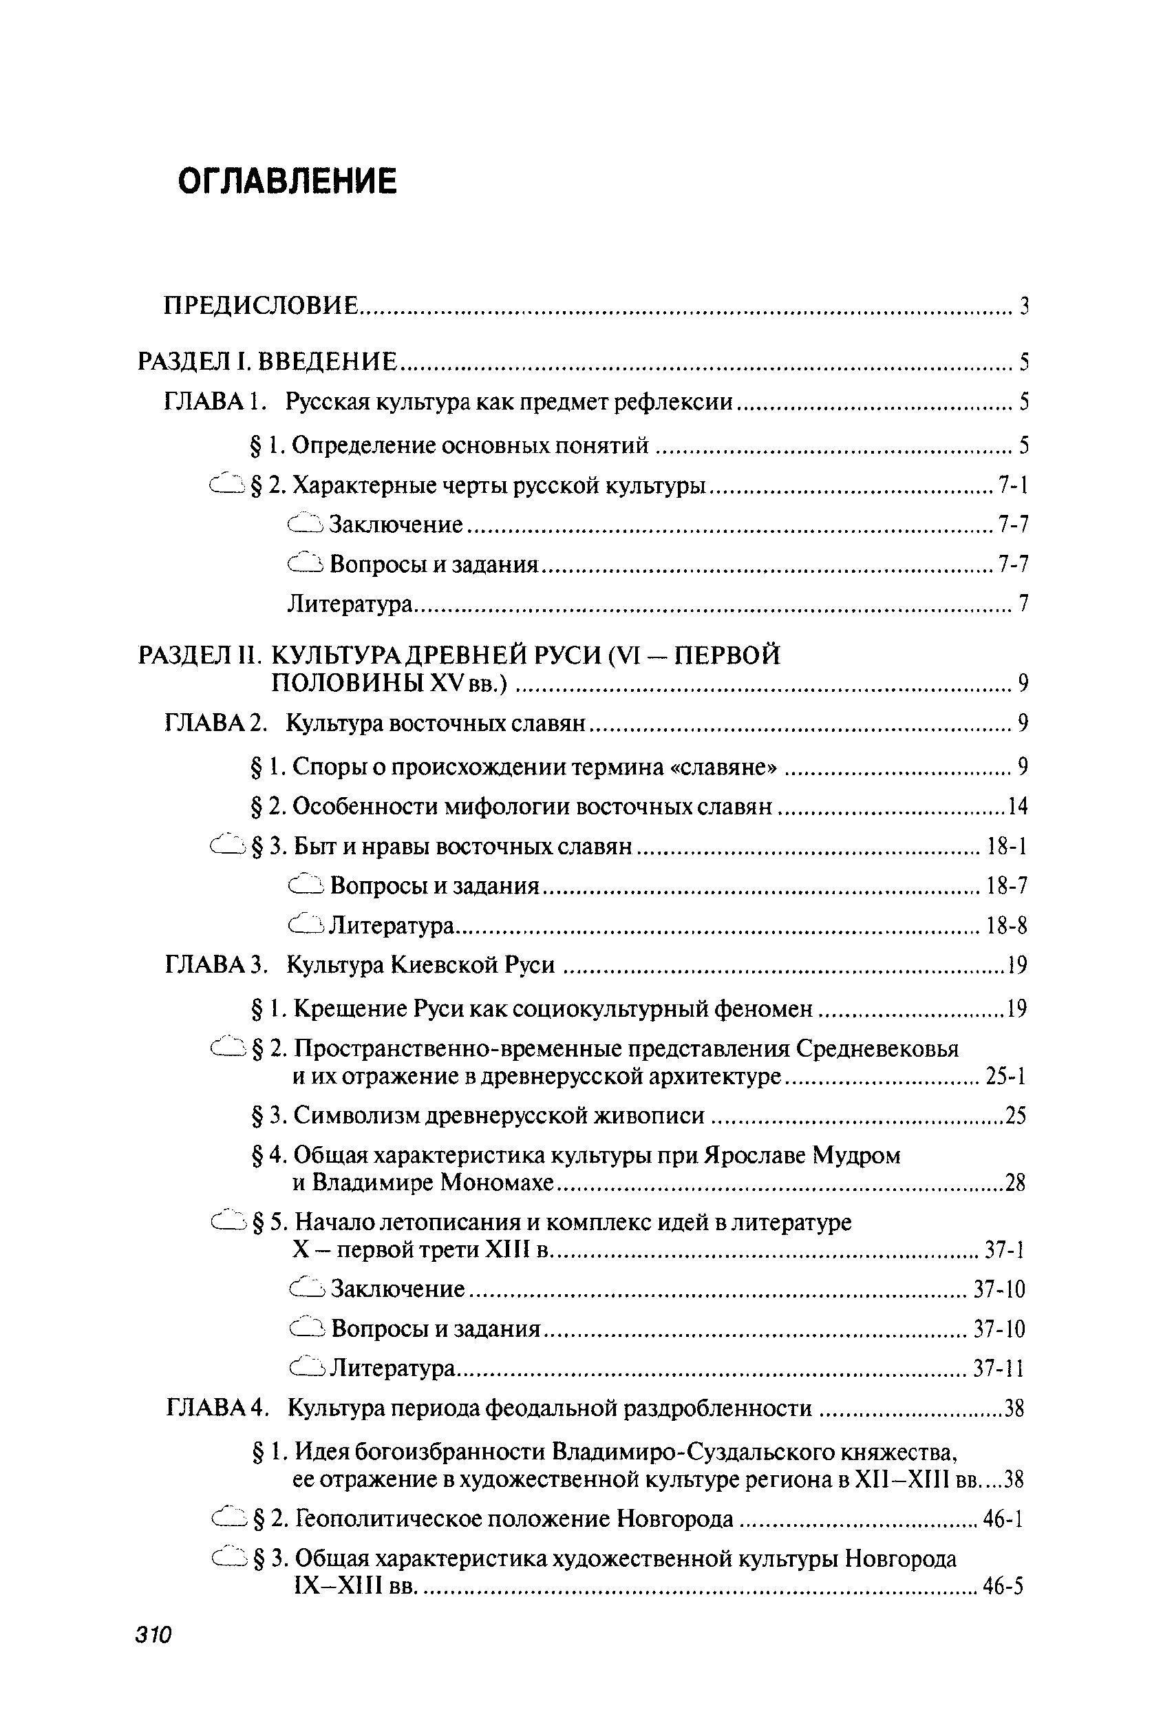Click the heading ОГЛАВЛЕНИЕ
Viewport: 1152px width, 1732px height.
[287, 181]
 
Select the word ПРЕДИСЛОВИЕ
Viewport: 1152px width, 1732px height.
[261, 305]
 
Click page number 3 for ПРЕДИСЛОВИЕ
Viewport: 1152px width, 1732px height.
[1023, 306]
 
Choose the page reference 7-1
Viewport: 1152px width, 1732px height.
[1012, 485]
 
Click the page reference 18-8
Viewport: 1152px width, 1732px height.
[1007, 927]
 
